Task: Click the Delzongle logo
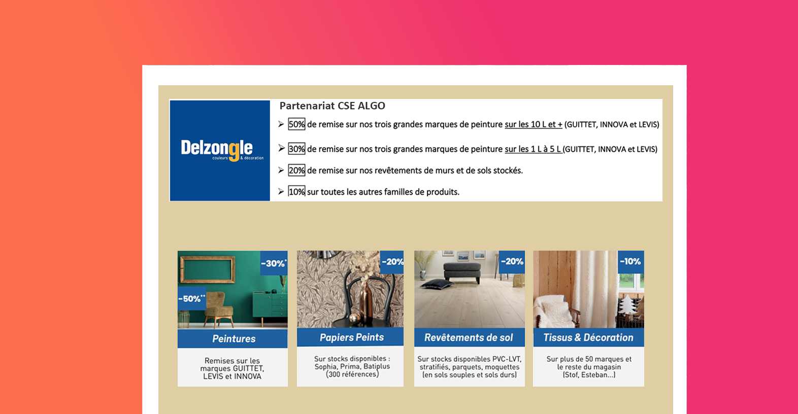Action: click(220, 150)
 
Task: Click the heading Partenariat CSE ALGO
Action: click(332, 106)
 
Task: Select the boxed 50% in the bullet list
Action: click(296, 124)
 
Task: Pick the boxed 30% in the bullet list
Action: click(296, 149)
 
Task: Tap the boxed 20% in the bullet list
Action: click(296, 170)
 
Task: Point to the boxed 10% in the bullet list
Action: click(296, 192)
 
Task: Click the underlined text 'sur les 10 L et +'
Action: click(534, 125)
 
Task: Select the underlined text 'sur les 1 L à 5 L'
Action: click(533, 149)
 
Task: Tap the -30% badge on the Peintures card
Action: click(274, 263)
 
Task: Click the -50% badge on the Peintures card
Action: click(192, 298)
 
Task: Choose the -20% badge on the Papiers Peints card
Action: click(392, 262)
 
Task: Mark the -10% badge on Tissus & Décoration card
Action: click(630, 262)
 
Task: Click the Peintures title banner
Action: click(232, 338)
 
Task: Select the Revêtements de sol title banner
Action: click(469, 337)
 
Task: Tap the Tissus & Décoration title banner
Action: click(588, 337)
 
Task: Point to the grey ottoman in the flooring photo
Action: click(462, 272)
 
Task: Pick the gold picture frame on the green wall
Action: click(208, 269)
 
